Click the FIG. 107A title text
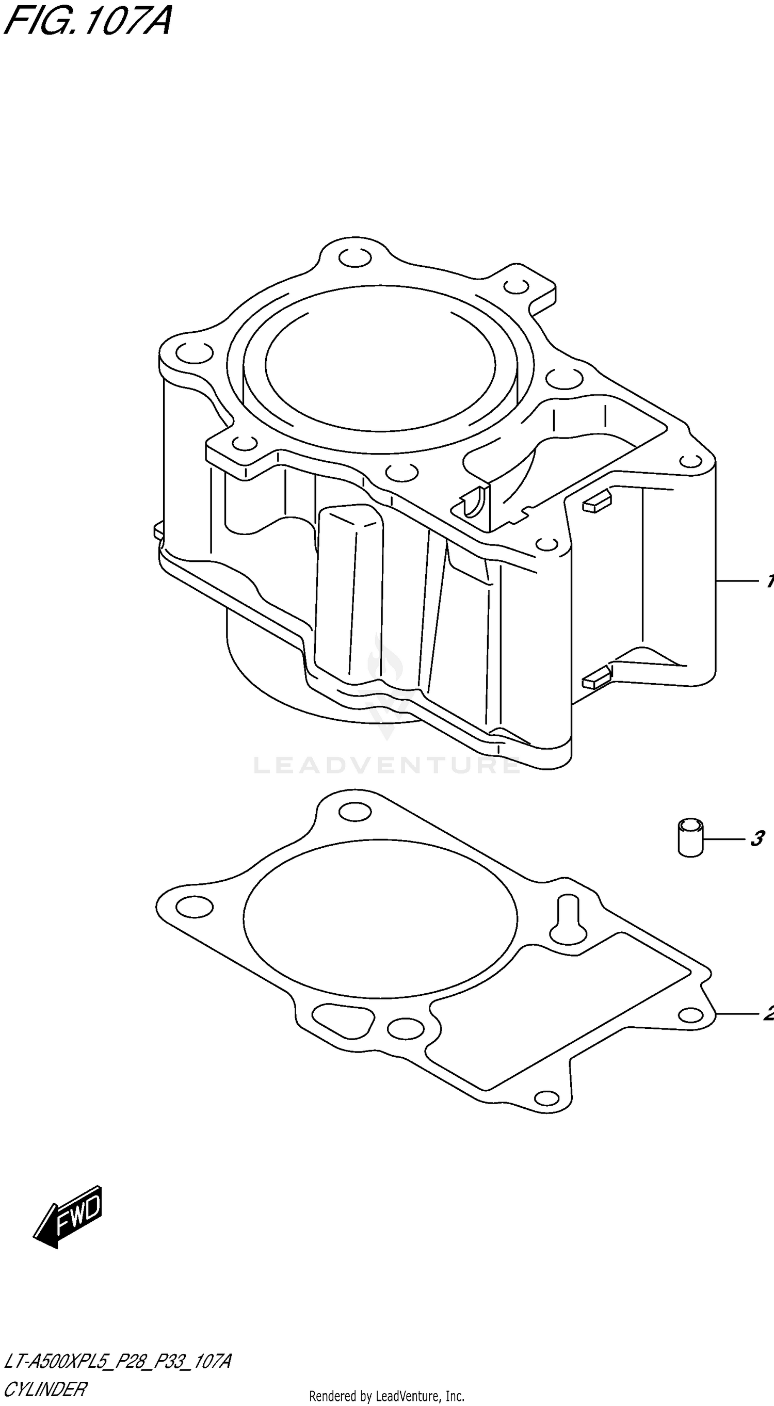[87, 21]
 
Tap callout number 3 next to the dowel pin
[756, 839]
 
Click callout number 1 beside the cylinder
[769, 582]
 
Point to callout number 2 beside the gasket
[768, 1013]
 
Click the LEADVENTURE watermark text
[386, 765]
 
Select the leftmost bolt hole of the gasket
[195, 907]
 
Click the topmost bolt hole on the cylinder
[355, 258]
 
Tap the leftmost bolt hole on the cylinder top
[195, 352]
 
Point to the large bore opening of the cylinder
[380, 363]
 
